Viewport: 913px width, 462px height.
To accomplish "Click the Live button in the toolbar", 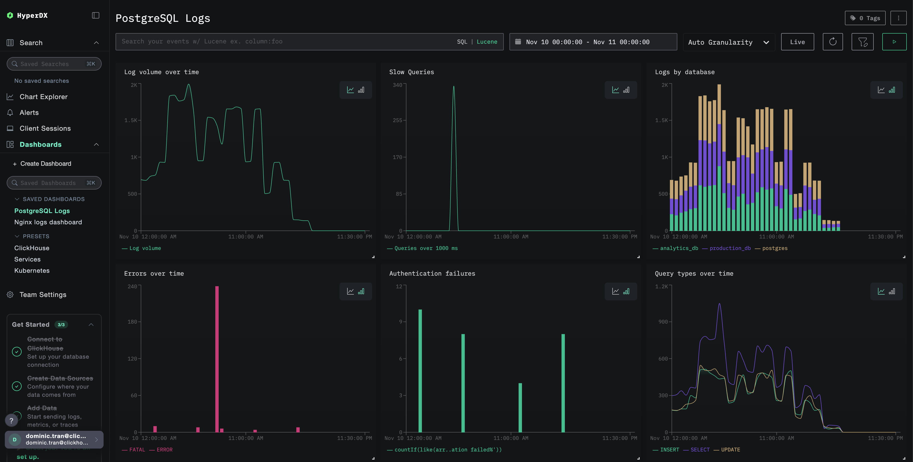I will (797, 42).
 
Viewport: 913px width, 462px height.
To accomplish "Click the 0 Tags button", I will (865, 18).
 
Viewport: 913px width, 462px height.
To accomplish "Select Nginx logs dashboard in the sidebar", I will (48, 222).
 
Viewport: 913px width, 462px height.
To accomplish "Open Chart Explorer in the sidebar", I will (43, 97).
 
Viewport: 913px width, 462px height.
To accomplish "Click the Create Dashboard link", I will (45, 163).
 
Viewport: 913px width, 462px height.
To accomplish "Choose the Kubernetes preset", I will (32, 271).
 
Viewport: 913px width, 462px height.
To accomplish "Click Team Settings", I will (42, 295).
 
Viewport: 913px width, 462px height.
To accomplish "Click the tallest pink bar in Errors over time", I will (217, 358).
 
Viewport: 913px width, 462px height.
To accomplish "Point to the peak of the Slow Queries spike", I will (454, 87).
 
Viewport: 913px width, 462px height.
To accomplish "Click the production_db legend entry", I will (730, 248).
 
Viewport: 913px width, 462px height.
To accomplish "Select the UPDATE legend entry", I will (730, 450).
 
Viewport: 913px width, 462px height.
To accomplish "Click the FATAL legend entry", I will (137, 450).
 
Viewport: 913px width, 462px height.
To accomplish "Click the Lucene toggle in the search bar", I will (487, 41).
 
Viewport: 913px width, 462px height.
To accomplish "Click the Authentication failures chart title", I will (432, 273).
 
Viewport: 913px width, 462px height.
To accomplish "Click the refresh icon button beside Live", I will (832, 42).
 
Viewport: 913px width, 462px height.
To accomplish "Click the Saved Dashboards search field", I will (54, 183).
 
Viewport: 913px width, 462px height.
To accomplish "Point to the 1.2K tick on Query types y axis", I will (661, 286).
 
